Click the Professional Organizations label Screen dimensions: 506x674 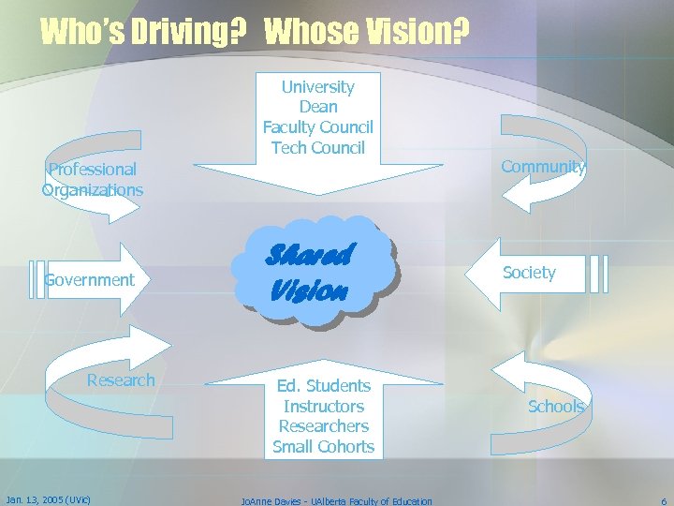93,180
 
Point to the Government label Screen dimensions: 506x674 90,280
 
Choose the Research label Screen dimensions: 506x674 121,379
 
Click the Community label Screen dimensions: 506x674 543,167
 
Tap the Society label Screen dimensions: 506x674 529,273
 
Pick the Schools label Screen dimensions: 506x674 556,406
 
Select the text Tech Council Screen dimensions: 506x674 318,147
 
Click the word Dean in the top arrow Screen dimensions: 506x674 318,107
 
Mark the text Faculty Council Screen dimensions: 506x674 318,127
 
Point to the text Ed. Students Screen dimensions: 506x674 324,385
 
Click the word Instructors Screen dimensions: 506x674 324,406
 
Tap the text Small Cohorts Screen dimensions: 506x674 324,447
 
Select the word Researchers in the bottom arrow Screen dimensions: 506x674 324,426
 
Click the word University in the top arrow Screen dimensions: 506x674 318,87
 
